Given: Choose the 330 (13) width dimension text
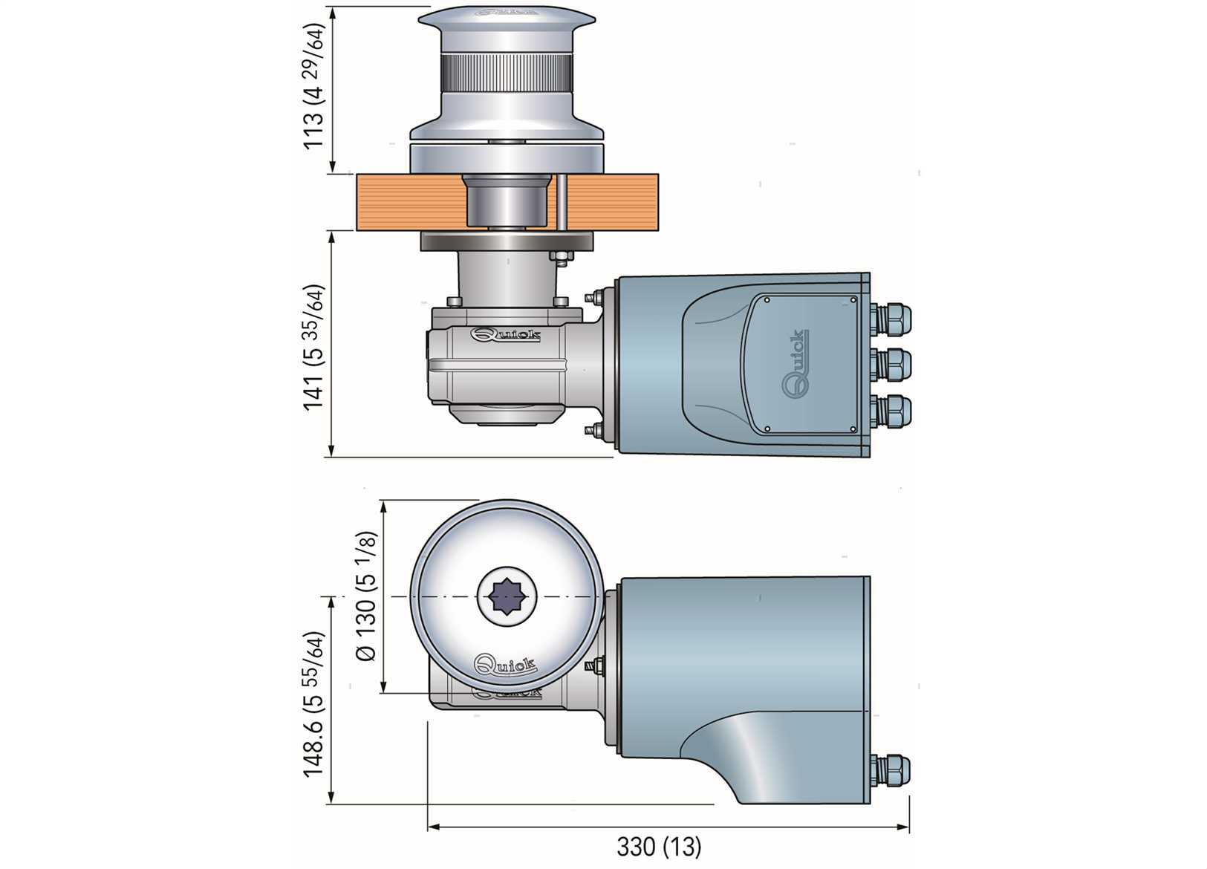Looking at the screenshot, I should coord(659,845).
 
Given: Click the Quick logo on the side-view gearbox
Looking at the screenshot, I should coord(506,335).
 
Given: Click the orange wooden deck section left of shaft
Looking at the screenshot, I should coord(409,202).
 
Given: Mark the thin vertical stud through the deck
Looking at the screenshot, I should coord(562,202).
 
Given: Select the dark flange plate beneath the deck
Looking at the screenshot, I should coord(507,241).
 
